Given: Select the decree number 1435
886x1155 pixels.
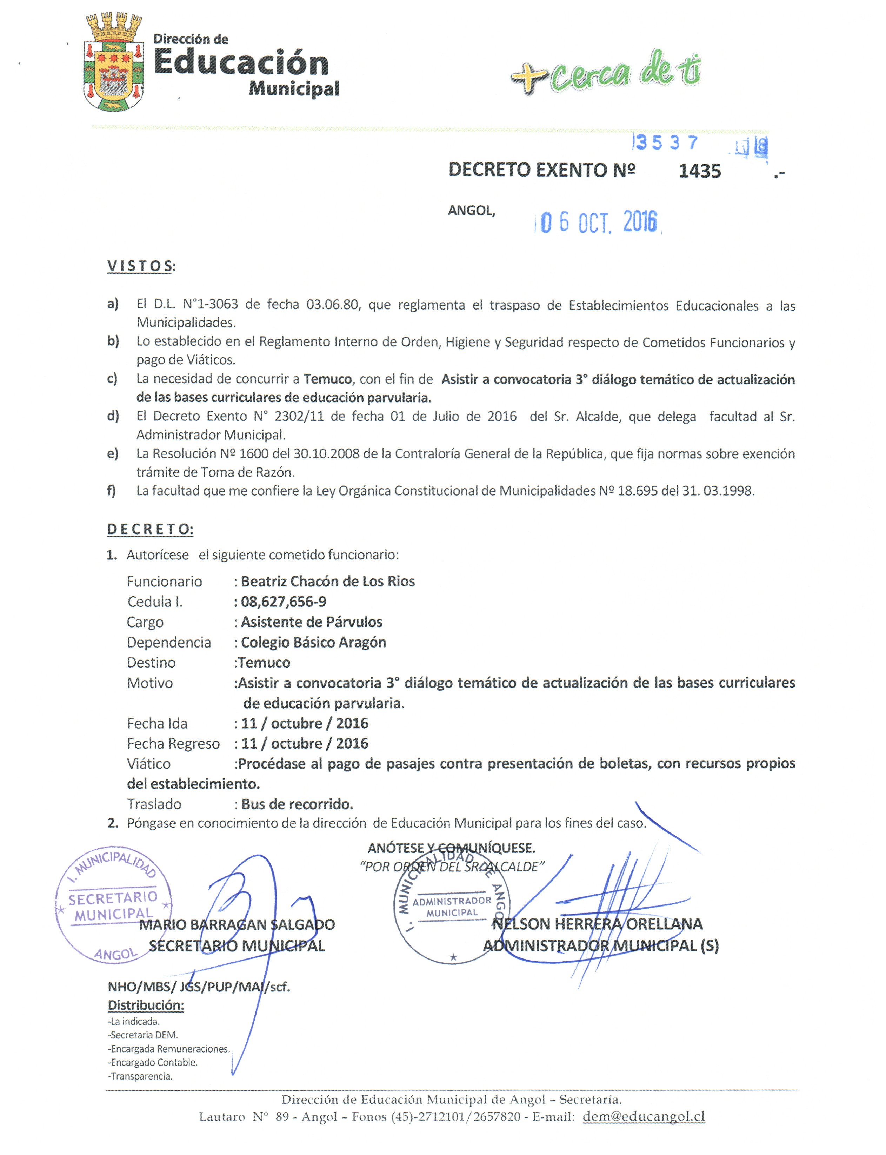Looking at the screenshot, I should click(699, 171).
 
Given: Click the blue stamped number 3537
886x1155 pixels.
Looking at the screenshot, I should click(667, 142).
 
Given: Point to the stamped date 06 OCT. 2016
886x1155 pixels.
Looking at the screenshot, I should click(598, 223).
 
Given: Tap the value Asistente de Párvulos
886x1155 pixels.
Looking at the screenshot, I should click(311, 622).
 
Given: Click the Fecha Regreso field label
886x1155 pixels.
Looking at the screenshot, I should click(173, 744).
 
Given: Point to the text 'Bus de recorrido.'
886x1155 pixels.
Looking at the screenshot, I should click(297, 804).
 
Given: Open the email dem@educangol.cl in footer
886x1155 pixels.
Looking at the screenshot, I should click(644, 1116).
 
